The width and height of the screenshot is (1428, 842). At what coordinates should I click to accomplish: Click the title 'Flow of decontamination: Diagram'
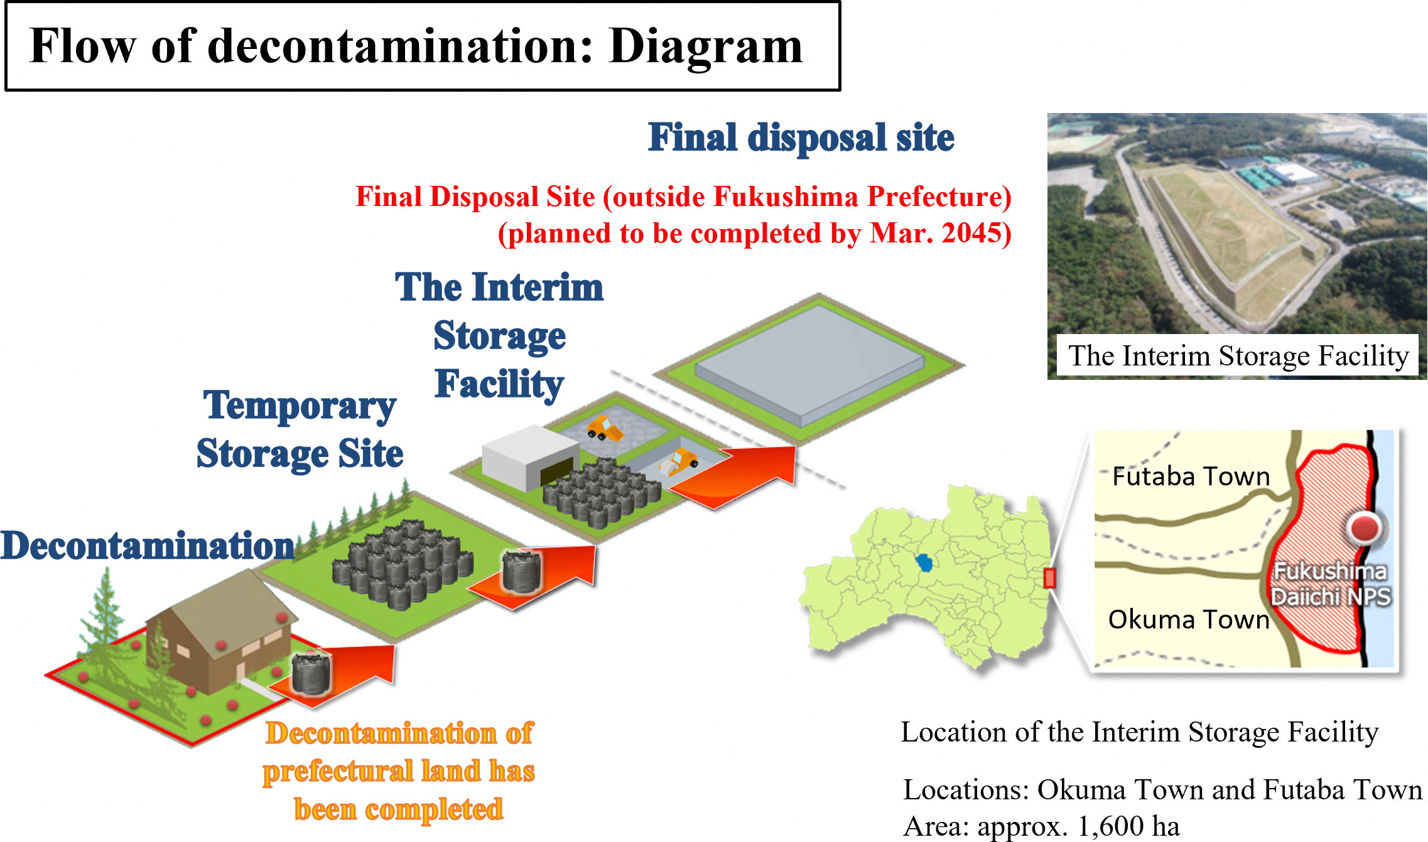pos(416,46)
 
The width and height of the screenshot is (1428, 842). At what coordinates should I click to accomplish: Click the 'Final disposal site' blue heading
pos(801,138)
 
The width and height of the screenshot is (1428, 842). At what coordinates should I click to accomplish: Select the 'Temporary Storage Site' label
pos(300,429)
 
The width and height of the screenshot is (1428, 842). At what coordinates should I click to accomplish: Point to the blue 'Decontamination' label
pos(147,545)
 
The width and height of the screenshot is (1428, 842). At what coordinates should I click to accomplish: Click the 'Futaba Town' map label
pos(1191,477)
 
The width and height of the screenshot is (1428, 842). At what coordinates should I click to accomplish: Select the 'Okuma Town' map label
pos(1188,620)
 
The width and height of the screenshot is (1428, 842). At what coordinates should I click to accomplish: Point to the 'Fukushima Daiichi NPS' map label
pos(1330,584)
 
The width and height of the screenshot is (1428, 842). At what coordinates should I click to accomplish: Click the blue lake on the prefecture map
pos(923,562)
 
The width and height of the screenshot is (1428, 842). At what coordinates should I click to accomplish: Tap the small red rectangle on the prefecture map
pos(1049,578)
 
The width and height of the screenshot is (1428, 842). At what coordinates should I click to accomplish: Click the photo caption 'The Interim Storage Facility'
pos(1238,356)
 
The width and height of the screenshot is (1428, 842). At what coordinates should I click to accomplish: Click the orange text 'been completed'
pos(399,809)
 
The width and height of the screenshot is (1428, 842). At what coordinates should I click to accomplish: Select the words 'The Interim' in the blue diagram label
pos(499,288)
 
